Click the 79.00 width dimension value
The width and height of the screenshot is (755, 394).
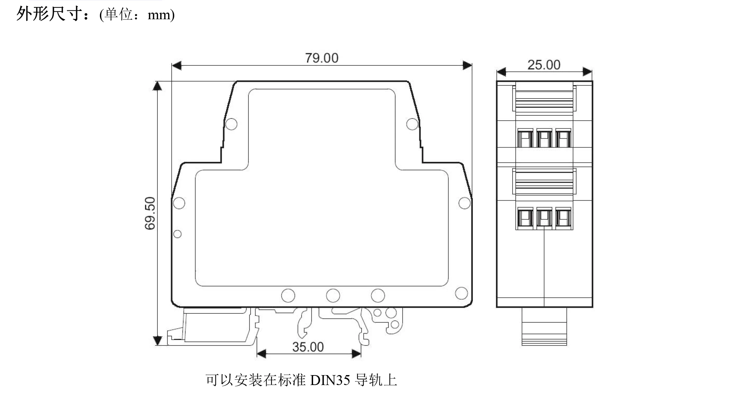click(322, 58)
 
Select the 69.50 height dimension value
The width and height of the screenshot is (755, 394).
click(150, 213)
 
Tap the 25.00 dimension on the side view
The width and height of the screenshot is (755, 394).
click(544, 65)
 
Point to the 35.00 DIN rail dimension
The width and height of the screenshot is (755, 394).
click(308, 347)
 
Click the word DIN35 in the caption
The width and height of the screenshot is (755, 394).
click(330, 380)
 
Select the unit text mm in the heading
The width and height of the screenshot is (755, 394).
click(159, 15)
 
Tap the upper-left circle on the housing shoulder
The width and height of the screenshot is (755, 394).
click(231, 124)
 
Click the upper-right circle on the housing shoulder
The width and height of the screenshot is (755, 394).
click(412, 124)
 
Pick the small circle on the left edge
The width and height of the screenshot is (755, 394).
click(178, 234)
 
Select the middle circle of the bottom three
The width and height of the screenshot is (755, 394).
click(333, 295)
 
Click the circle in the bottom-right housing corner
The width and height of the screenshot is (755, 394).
click(461, 293)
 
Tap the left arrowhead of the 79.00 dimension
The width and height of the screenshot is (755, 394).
click(177, 66)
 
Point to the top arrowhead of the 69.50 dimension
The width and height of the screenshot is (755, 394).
click(157, 86)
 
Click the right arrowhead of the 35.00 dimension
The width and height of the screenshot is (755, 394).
click(356, 354)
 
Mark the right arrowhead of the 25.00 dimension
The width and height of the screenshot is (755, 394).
click(587, 72)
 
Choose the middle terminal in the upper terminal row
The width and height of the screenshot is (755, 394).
click(544, 138)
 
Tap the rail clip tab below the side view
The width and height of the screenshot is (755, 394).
click(544, 327)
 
